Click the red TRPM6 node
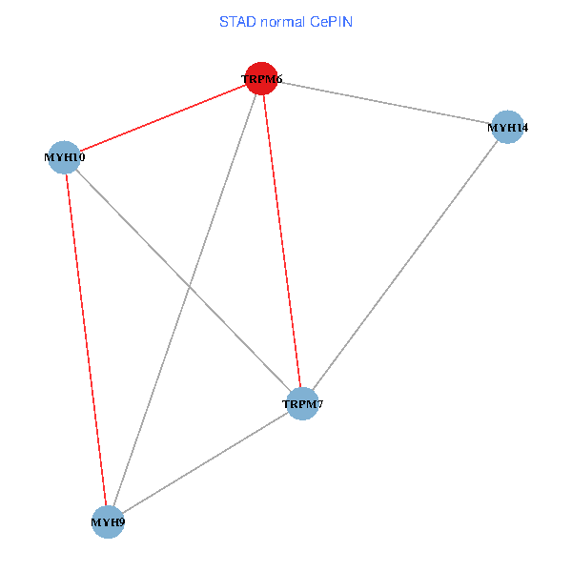[262, 78]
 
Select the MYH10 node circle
[65, 157]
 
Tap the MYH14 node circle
[508, 127]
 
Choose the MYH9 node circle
[108, 521]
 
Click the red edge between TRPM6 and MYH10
[163, 118]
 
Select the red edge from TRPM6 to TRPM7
[282, 241]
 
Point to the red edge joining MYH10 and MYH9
[86, 339]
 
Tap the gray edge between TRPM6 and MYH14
[385, 102]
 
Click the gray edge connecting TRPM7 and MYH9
[205, 462]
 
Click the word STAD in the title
[236, 21]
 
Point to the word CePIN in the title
[332, 21]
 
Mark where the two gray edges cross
[191, 287]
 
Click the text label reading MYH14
[508, 127]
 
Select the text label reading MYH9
[108, 522]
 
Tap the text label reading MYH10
[65, 157]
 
